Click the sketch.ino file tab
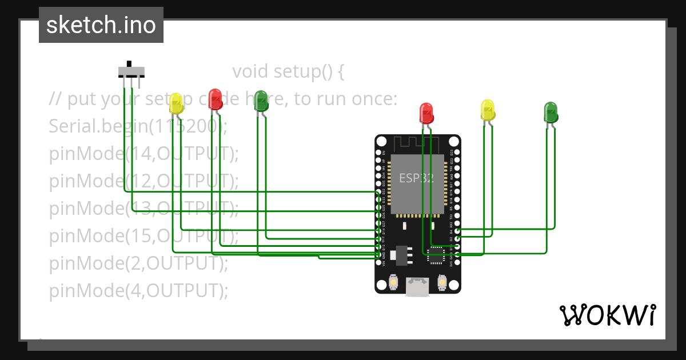[101, 25]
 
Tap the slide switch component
[131, 71]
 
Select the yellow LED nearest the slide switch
[177, 103]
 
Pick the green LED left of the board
[261, 101]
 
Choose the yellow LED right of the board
[488, 110]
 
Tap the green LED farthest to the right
[551, 111]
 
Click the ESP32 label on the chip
[416, 178]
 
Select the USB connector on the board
[418, 286]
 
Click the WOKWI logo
[607, 315]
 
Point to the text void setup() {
[289, 72]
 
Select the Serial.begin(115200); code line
[138, 126]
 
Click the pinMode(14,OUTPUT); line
[143, 153]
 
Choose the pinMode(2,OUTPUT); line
[138, 263]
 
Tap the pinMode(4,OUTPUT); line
[138, 291]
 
